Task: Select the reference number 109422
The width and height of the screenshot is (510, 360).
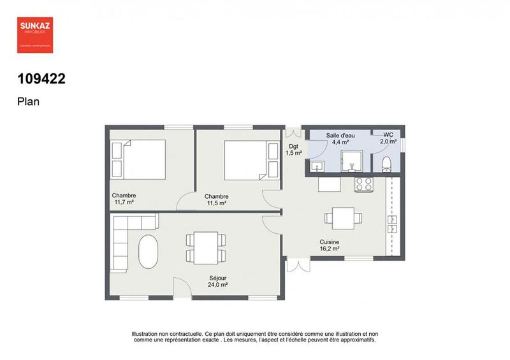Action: [x=41, y=79]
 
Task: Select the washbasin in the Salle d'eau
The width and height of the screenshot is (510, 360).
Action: [x=317, y=166]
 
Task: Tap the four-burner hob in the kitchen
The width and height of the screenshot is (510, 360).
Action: [x=364, y=185]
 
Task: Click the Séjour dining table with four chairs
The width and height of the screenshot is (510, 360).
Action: [x=205, y=247]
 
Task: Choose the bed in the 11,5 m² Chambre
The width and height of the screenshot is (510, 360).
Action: [x=245, y=159]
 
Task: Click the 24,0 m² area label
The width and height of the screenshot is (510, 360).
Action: [x=218, y=285]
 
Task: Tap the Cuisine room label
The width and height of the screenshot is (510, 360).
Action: [x=330, y=242]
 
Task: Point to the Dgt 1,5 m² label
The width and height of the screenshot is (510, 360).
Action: [x=293, y=149]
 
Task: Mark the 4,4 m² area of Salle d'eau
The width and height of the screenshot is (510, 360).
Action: [x=340, y=142]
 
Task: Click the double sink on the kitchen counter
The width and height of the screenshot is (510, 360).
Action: [x=392, y=223]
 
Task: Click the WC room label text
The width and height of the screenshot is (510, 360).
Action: [x=388, y=134]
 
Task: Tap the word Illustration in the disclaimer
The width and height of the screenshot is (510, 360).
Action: [x=147, y=333]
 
